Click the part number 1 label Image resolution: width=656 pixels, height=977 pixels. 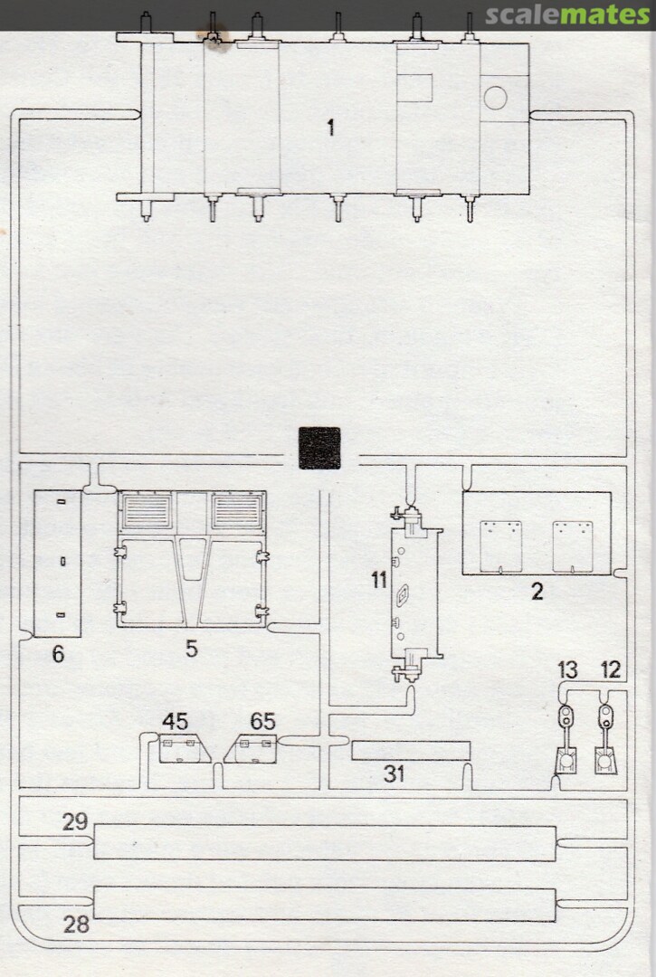click(x=331, y=128)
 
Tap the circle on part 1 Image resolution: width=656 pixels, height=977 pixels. click(x=495, y=98)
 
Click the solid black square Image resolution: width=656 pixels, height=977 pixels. click(x=319, y=448)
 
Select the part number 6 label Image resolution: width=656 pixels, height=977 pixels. click(x=58, y=654)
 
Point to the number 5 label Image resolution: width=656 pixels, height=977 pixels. click(x=191, y=649)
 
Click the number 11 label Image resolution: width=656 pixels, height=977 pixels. click(x=379, y=580)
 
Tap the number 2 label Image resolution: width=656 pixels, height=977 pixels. click(x=537, y=591)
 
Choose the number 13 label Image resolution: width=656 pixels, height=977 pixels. click(x=567, y=669)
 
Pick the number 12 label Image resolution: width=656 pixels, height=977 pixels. click(x=611, y=669)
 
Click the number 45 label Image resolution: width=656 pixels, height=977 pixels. click(x=175, y=722)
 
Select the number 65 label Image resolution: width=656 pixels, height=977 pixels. click(x=263, y=722)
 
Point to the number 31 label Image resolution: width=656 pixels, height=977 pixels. click(x=394, y=773)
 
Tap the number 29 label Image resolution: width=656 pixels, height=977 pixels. click(x=75, y=821)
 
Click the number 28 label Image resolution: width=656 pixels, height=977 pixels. click(x=76, y=924)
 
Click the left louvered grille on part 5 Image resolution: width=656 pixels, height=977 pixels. click(x=147, y=511)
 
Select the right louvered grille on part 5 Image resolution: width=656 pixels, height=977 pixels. click(x=237, y=511)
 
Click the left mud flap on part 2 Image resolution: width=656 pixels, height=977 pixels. click(x=501, y=545)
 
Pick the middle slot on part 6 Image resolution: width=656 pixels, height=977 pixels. click(x=63, y=562)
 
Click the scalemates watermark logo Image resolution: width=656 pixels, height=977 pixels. click(x=567, y=14)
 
